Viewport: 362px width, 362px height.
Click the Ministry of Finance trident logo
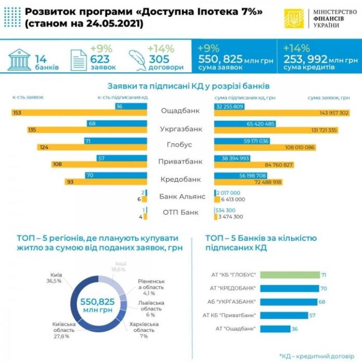[x=294, y=19]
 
